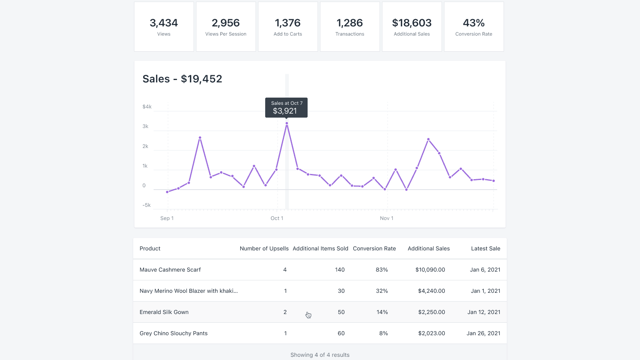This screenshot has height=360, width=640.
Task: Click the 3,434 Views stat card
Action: (164, 27)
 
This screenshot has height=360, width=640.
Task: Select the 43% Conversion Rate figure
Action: (474, 23)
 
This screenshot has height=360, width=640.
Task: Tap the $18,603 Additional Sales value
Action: (412, 23)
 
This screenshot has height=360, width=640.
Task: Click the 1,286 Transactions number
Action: (350, 23)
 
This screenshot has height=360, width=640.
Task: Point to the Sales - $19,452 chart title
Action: (182, 79)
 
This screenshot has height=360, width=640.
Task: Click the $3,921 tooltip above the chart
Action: (286, 108)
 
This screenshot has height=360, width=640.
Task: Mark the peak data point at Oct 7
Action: (287, 124)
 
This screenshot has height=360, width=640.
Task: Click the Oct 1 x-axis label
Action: (277, 218)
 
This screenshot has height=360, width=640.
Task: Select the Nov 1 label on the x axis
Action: (386, 218)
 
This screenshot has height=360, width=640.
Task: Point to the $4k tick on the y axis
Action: (147, 107)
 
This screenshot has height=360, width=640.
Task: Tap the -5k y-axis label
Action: (146, 205)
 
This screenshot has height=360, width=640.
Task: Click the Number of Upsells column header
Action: (264, 248)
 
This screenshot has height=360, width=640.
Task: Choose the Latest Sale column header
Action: (485, 248)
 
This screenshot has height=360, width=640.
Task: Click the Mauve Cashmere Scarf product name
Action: (170, 270)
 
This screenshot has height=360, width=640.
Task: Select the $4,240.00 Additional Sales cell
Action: (431, 291)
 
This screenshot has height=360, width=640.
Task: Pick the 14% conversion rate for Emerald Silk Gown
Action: (382, 312)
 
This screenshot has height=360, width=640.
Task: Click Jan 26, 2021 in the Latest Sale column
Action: (483, 333)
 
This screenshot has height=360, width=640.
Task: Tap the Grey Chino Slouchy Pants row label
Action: (174, 333)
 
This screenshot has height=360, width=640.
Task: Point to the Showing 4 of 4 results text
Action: (320, 355)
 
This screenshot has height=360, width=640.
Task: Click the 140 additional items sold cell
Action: (340, 270)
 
